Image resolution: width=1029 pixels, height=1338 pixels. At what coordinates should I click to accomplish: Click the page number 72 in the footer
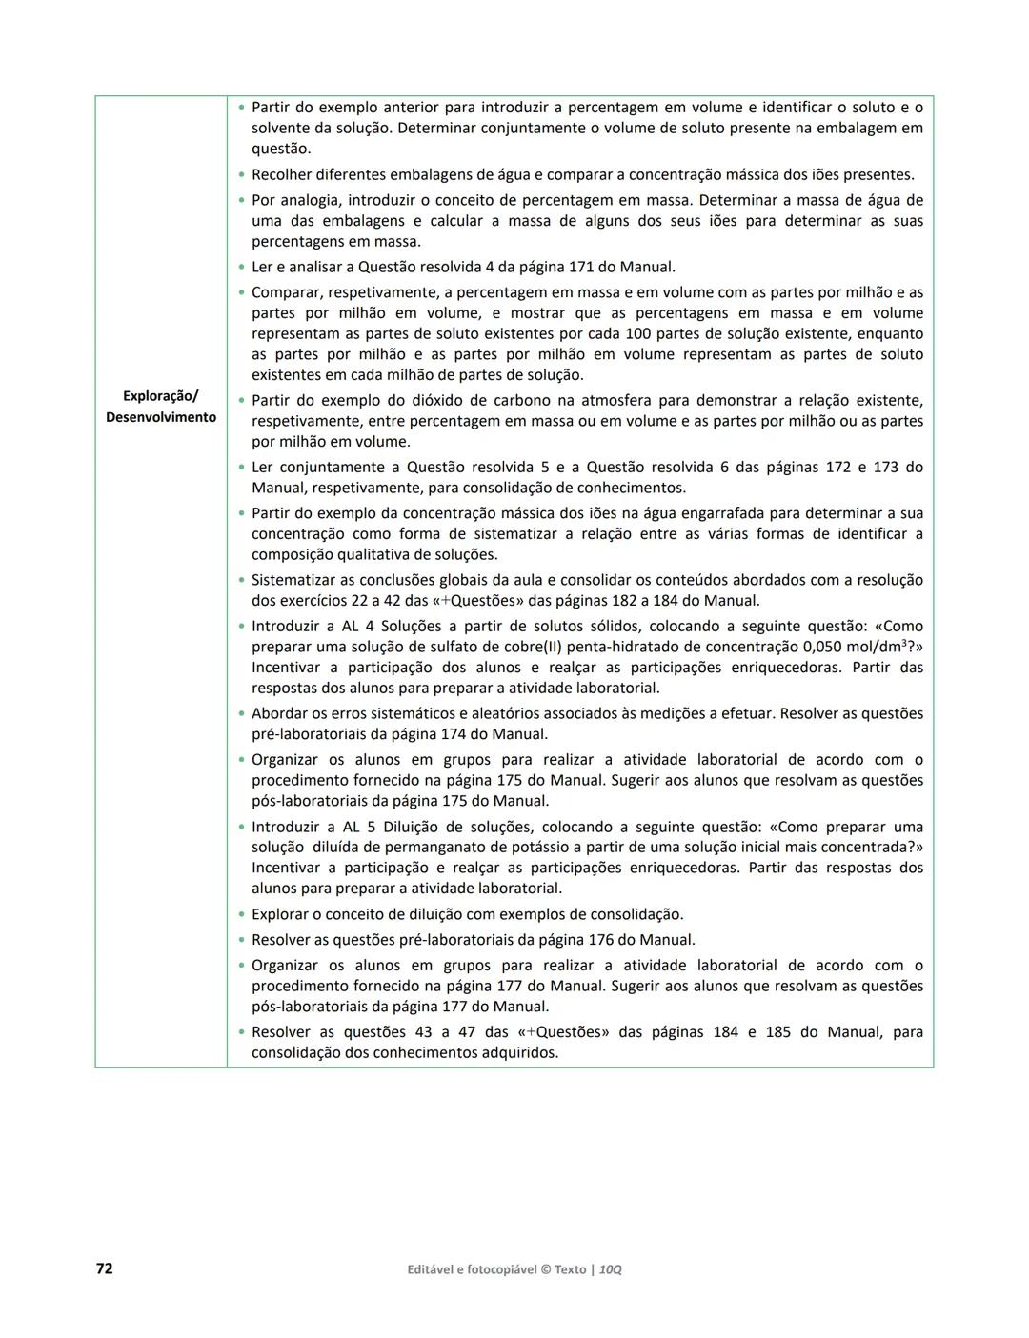coord(105,1268)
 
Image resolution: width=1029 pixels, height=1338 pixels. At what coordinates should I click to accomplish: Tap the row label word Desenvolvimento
coord(161,417)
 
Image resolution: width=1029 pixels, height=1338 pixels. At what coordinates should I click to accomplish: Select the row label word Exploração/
coord(161,396)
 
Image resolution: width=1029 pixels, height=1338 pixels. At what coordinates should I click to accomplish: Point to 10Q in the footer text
coord(611,1269)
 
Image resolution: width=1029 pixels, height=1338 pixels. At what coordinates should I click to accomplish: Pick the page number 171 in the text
coord(581,268)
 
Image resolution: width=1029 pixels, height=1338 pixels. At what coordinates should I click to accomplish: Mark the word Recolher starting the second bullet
coord(283,175)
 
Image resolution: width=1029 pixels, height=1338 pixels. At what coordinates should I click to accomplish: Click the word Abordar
coord(280,713)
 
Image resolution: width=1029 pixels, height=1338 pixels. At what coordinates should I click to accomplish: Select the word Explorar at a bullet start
coord(282,914)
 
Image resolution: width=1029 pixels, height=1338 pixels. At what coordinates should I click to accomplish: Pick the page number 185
coord(778,1032)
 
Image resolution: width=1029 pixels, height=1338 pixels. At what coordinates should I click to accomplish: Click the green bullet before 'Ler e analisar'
coord(242,268)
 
